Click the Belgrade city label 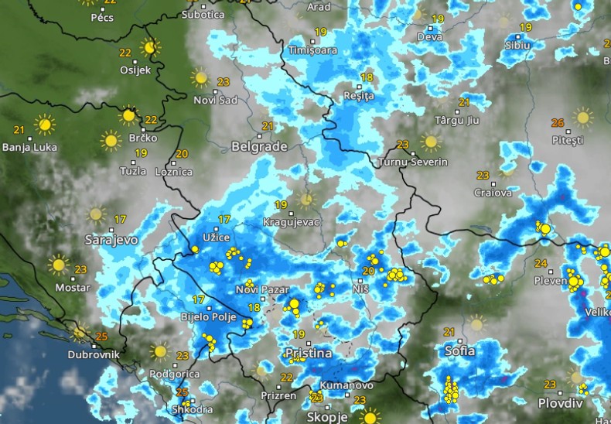point(259,146)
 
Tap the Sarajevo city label point(111,240)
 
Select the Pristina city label point(309,354)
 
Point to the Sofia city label point(460,350)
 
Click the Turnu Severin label point(413,162)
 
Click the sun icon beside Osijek point(150,48)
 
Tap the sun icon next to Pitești point(582,118)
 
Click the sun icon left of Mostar point(58,265)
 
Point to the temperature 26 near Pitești point(558,123)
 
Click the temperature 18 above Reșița point(367,77)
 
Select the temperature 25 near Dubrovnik point(101,337)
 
